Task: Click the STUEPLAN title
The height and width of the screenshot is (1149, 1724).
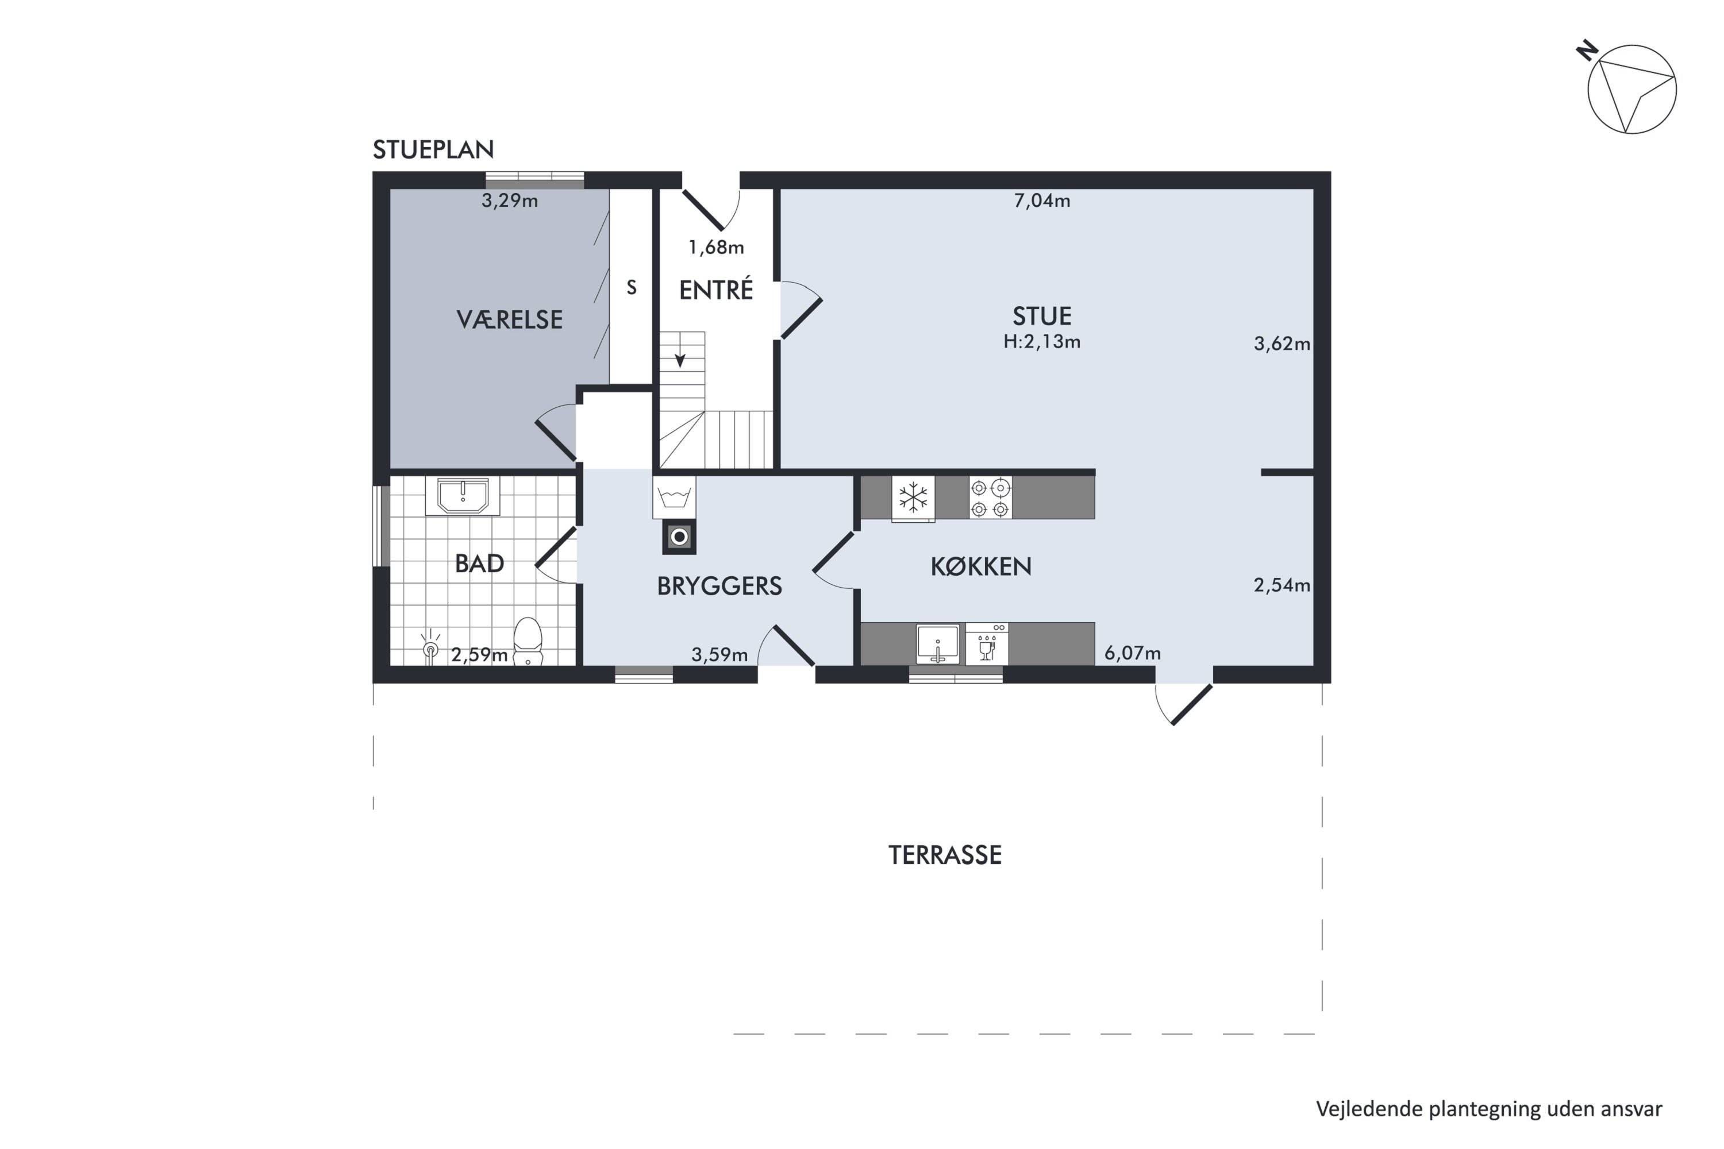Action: tap(433, 149)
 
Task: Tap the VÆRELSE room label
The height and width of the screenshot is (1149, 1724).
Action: tap(509, 319)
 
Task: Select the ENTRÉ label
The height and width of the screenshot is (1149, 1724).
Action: tap(716, 290)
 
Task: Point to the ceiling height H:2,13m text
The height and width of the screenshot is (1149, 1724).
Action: tap(1041, 341)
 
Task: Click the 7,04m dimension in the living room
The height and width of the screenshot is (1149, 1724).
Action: tap(1041, 201)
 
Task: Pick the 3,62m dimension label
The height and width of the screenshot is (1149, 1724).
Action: tap(1282, 344)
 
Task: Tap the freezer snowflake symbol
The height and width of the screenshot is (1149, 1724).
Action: tap(913, 498)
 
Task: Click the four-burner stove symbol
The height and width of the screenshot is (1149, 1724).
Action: tap(990, 498)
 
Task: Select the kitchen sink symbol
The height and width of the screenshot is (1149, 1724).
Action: tap(937, 644)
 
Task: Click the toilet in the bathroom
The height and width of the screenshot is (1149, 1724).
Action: tap(528, 641)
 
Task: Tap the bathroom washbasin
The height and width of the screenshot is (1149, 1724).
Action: tap(463, 496)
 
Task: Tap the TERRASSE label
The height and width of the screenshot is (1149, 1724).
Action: tap(945, 855)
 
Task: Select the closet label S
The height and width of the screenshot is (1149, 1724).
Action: tap(631, 288)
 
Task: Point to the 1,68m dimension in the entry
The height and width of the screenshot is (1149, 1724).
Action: tap(716, 248)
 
